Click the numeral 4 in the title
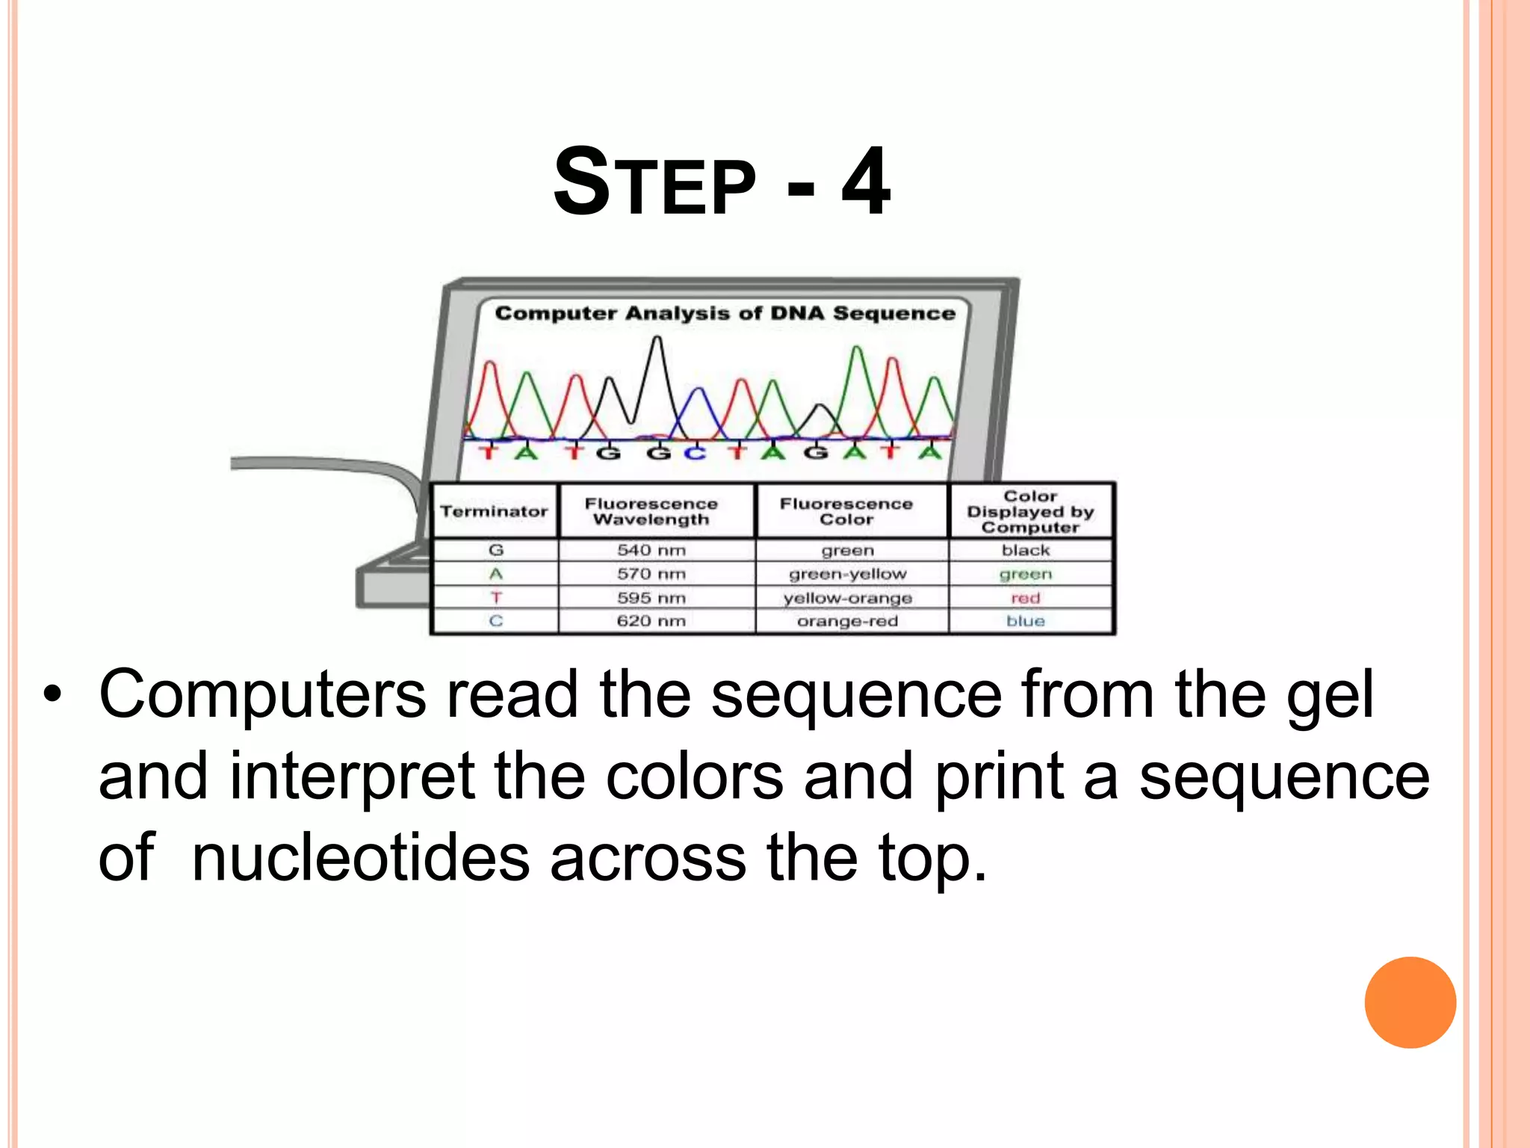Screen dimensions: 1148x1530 coord(866,182)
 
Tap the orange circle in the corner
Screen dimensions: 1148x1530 coord(1410,1002)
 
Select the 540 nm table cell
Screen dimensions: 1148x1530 coord(651,550)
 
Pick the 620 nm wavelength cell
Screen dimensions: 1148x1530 coord(651,621)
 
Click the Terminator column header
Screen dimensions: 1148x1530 coord(494,511)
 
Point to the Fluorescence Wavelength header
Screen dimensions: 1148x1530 coord(651,511)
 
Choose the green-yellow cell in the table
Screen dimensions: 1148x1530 coord(847,574)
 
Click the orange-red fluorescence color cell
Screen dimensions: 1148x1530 coord(847,621)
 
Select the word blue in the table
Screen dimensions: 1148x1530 coord(1025,621)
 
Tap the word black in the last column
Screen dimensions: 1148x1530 coord(1026,550)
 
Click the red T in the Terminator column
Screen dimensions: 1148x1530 coord(496,597)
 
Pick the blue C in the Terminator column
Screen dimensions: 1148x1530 coord(496,621)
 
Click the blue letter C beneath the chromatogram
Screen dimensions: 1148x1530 coord(695,453)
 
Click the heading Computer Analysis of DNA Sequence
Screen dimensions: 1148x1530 coord(725,313)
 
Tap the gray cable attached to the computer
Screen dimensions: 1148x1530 coord(321,465)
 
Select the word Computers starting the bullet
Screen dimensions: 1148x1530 coord(263,695)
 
